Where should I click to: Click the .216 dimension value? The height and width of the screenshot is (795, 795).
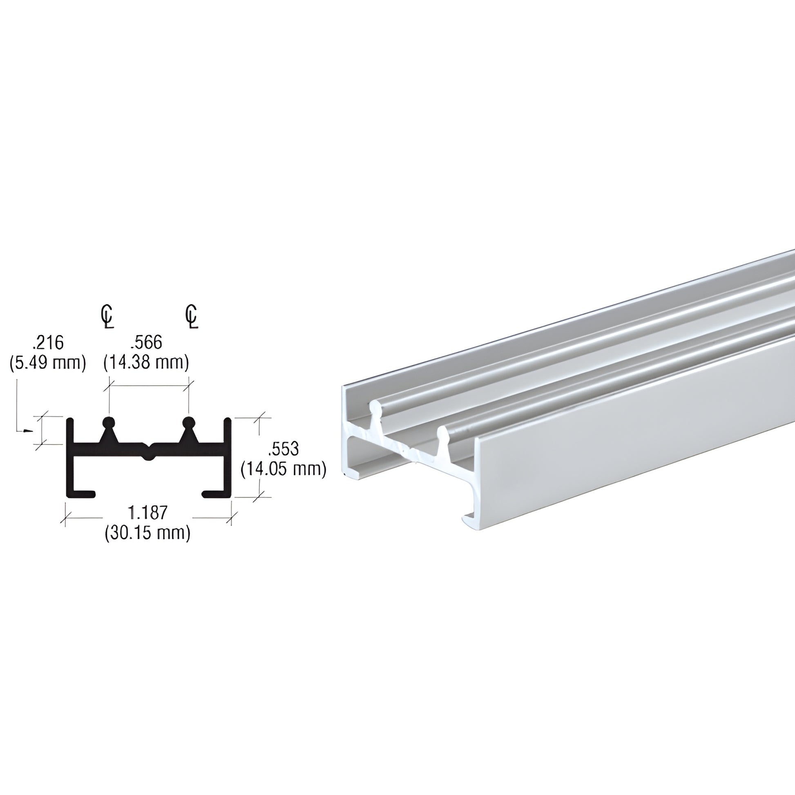pos(47,342)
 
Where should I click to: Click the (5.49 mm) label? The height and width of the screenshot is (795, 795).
pos(47,363)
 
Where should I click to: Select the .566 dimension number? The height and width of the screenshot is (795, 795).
pos(146,342)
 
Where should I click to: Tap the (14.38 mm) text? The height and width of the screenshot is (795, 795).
pos(146,363)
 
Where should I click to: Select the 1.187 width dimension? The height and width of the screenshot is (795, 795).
pos(148,513)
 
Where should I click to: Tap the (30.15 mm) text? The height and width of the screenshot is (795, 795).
pos(148,533)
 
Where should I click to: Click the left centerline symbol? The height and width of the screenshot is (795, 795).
pos(107,317)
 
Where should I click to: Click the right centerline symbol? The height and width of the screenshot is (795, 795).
pos(192,317)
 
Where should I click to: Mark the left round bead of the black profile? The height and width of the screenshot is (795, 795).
pos(109,422)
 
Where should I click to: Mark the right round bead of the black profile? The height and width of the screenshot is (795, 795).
pos(188,422)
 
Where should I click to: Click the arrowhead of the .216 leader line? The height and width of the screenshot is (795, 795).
pos(27,431)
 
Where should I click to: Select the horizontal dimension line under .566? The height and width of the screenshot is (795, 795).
pos(149,385)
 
